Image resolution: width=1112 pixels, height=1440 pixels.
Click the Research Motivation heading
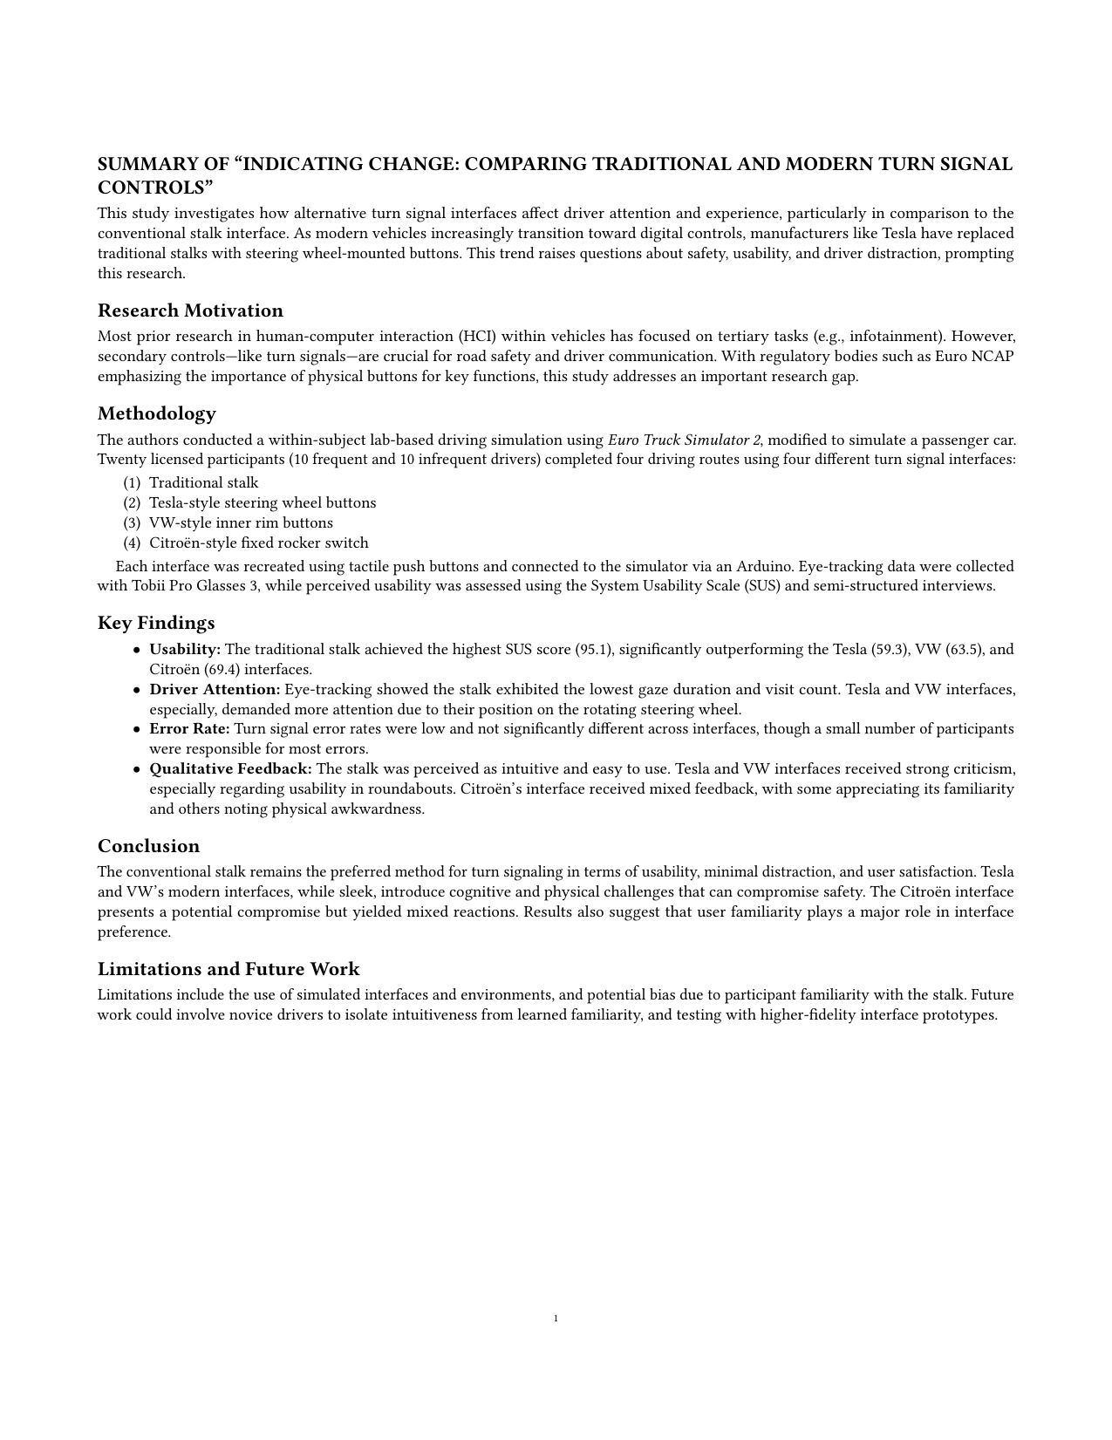coord(190,311)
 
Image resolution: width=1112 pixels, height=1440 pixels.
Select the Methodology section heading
coord(157,413)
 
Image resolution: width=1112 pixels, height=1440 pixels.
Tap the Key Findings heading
coord(156,623)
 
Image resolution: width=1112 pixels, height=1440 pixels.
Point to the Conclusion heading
coord(148,846)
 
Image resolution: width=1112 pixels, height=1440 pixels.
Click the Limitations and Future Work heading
coord(229,969)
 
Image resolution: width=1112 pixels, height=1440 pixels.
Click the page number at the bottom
coord(556,1318)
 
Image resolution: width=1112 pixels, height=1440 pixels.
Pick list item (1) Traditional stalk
coord(203,482)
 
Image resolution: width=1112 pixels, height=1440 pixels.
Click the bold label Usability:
coord(185,649)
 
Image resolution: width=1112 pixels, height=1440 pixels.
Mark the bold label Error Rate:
coord(189,728)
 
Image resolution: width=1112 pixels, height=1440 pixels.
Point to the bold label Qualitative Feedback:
coord(231,768)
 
